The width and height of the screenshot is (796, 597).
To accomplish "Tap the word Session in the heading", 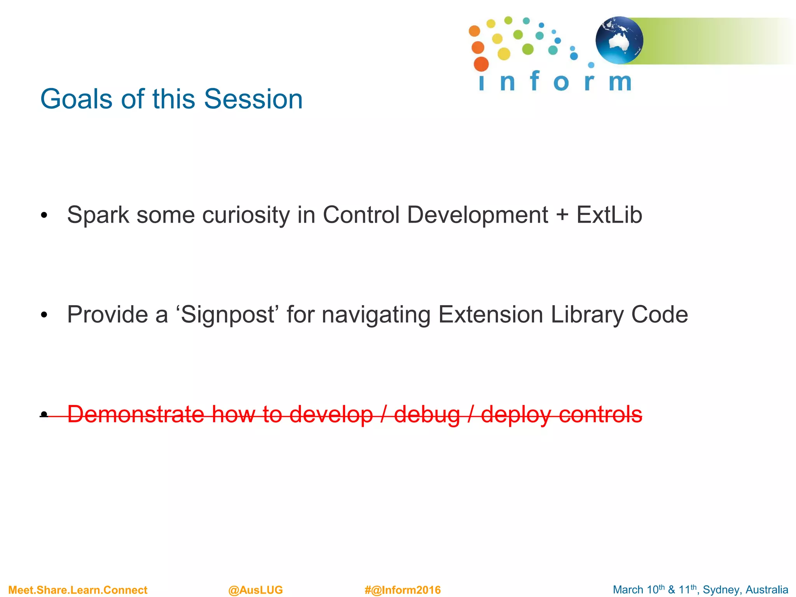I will pos(253,99).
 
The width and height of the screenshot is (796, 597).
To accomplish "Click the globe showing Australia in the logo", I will pos(619,40).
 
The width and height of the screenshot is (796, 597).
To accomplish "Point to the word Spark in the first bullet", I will pos(98,215).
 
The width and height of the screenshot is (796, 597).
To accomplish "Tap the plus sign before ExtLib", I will pos(562,215).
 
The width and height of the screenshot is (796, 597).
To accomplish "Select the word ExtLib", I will pos(609,215).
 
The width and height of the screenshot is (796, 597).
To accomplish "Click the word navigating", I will pos(376,315).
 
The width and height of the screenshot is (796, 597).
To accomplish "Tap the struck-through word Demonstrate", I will pos(136,414).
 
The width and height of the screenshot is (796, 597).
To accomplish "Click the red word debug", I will pos(427,415).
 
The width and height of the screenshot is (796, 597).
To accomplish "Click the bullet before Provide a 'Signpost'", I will pos(44,315).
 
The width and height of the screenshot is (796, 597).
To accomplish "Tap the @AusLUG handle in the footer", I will pos(255,590).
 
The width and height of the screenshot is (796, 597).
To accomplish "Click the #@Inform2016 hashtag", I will pos(402,590).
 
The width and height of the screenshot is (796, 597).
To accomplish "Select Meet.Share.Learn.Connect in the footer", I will pos(78,590).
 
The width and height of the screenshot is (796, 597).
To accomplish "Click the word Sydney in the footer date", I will pos(719,590).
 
